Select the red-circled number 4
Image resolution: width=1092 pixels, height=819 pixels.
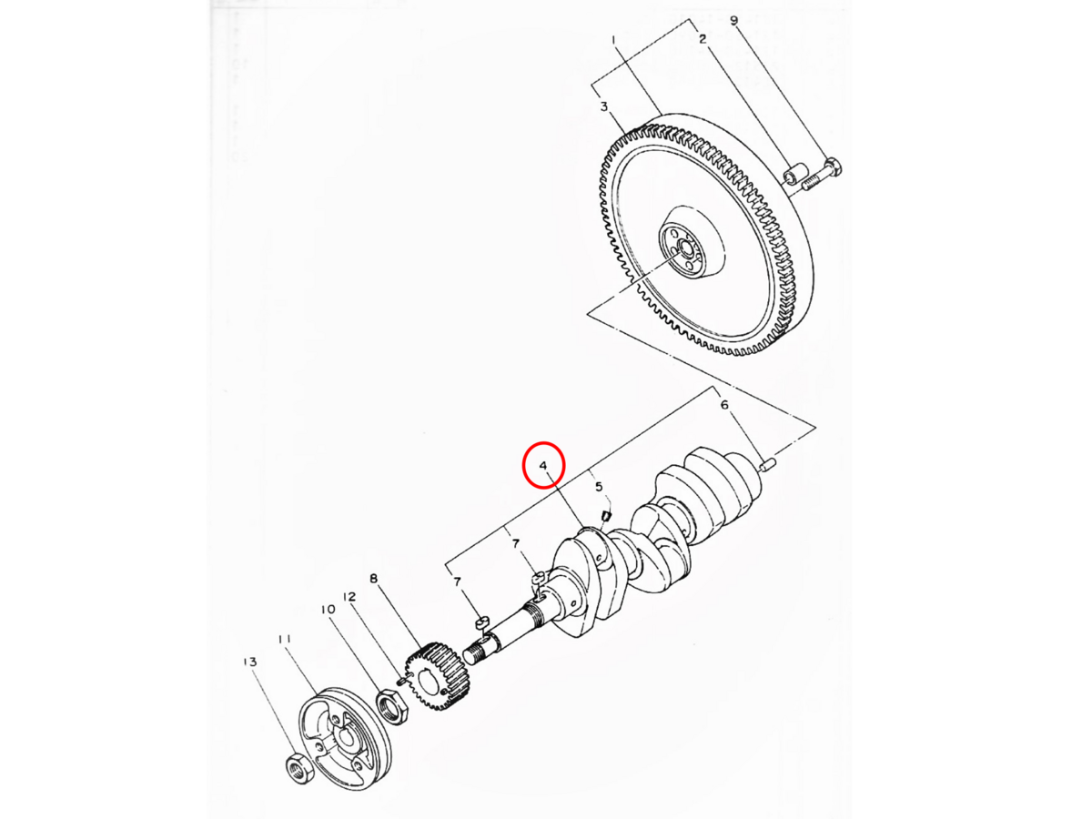(x=543, y=466)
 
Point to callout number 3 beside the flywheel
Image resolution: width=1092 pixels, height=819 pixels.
(x=603, y=107)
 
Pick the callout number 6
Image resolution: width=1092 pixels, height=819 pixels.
(x=724, y=405)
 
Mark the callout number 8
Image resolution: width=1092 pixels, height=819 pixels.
(x=373, y=579)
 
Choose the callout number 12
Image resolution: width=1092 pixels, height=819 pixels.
(x=349, y=598)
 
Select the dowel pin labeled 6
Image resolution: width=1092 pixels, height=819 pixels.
(x=767, y=465)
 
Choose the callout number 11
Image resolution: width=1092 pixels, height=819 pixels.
(x=285, y=640)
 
